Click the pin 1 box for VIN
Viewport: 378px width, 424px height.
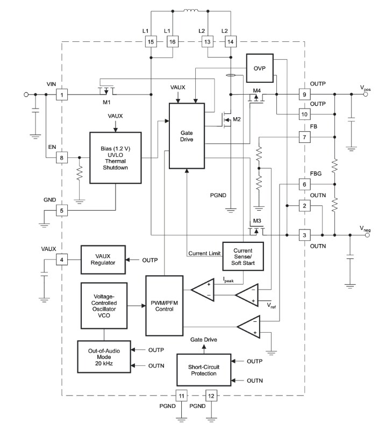(x=62, y=95)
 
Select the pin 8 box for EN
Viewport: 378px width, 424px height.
(x=62, y=157)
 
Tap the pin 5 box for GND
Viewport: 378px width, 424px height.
(x=62, y=210)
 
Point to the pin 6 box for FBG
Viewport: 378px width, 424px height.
(x=305, y=184)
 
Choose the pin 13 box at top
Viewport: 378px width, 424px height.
(x=207, y=42)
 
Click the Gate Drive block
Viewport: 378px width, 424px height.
(x=188, y=135)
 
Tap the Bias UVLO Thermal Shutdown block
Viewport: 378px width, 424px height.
(x=116, y=157)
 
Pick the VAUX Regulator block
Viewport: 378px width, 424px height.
(x=103, y=260)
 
